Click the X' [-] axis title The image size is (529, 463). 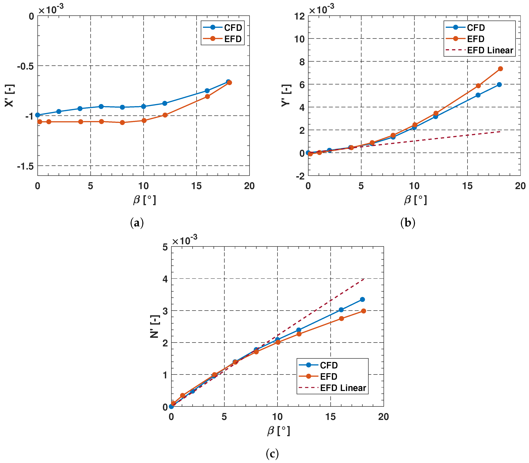[x=10, y=95]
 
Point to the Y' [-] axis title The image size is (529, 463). [x=286, y=95]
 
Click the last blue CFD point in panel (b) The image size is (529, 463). [x=499, y=84]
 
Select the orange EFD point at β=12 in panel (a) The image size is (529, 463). [x=165, y=115]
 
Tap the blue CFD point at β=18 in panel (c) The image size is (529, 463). [x=362, y=299]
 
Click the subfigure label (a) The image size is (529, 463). [x=137, y=223]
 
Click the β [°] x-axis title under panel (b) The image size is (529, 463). [x=415, y=200]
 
